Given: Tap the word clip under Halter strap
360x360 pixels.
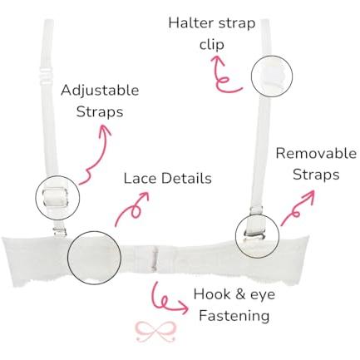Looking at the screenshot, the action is click(212, 44).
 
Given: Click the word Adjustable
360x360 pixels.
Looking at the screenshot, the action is click(100, 91).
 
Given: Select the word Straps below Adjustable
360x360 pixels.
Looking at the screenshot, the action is click(100, 112).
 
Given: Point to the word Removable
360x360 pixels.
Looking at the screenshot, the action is click(316, 153).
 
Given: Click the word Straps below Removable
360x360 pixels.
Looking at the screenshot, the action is click(316, 175).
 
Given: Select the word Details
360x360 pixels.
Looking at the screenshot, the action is click(186, 178).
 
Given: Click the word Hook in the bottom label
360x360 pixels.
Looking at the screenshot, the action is click(212, 294).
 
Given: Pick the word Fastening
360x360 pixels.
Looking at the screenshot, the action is click(234, 316).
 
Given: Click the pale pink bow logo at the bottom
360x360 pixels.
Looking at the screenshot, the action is click(156, 332).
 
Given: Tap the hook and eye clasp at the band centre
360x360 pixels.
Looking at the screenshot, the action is click(155, 259).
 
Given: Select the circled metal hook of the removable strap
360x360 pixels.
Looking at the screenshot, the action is click(254, 235).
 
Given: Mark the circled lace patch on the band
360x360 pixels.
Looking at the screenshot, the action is click(94, 257).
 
